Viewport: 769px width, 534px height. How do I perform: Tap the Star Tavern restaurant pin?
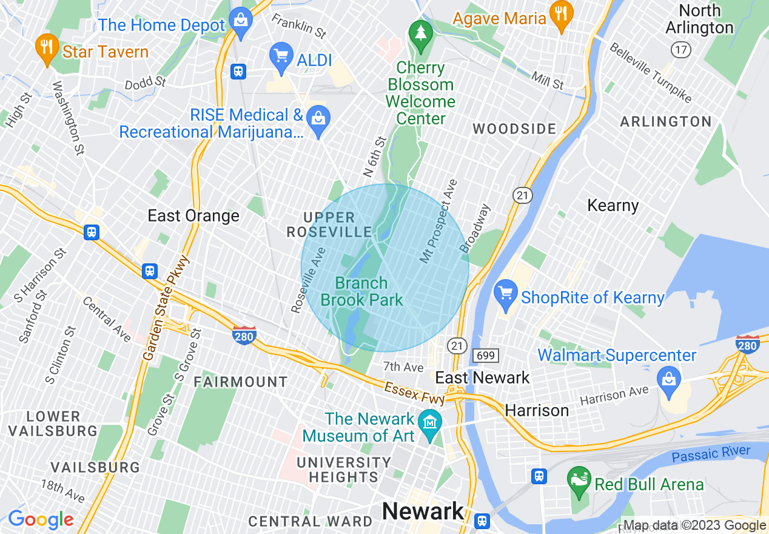tap(47, 49)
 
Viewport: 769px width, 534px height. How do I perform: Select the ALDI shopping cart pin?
tap(281, 56)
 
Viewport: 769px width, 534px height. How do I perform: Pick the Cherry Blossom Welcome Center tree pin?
tap(420, 35)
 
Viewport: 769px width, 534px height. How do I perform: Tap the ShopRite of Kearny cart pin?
tap(505, 295)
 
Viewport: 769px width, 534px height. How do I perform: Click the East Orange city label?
tap(193, 216)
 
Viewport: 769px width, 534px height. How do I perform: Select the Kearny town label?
tap(613, 205)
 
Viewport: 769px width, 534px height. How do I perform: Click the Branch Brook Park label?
tap(361, 291)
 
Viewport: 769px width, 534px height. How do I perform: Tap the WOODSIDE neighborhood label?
tap(514, 129)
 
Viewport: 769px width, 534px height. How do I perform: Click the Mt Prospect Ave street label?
tap(439, 221)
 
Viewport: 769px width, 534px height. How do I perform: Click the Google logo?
tap(41, 519)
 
